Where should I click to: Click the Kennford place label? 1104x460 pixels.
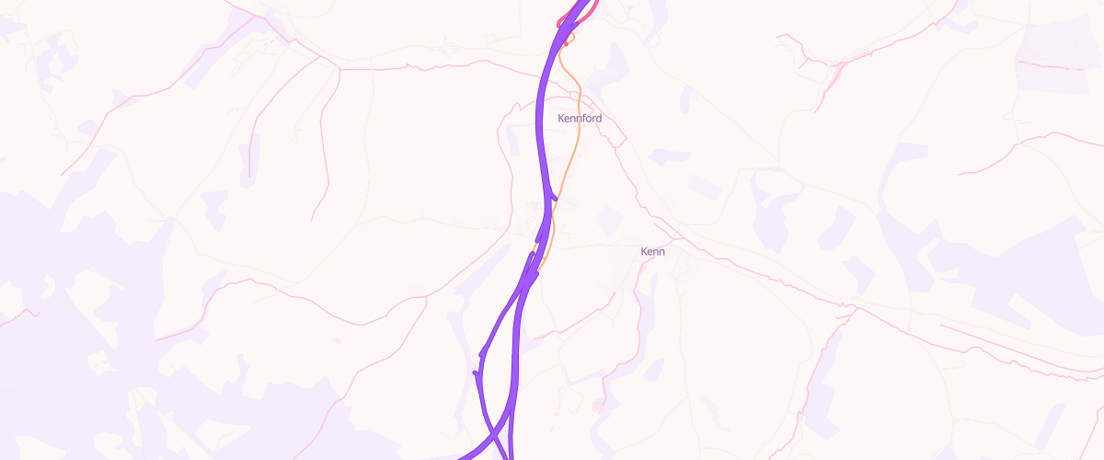point(580,119)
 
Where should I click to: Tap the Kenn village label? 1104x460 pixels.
point(652,251)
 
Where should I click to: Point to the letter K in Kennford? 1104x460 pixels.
point(561,119)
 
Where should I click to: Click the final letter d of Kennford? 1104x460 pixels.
point(599,119)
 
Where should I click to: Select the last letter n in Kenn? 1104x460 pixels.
point(661,251)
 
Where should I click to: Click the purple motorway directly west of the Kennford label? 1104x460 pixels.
point(540,119)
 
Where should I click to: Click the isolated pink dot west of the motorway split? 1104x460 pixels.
point(335,340)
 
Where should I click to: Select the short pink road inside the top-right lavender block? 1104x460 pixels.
point(1049,65)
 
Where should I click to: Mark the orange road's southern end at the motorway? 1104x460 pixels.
point(540,268)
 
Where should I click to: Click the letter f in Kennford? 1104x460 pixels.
point(583,119)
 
